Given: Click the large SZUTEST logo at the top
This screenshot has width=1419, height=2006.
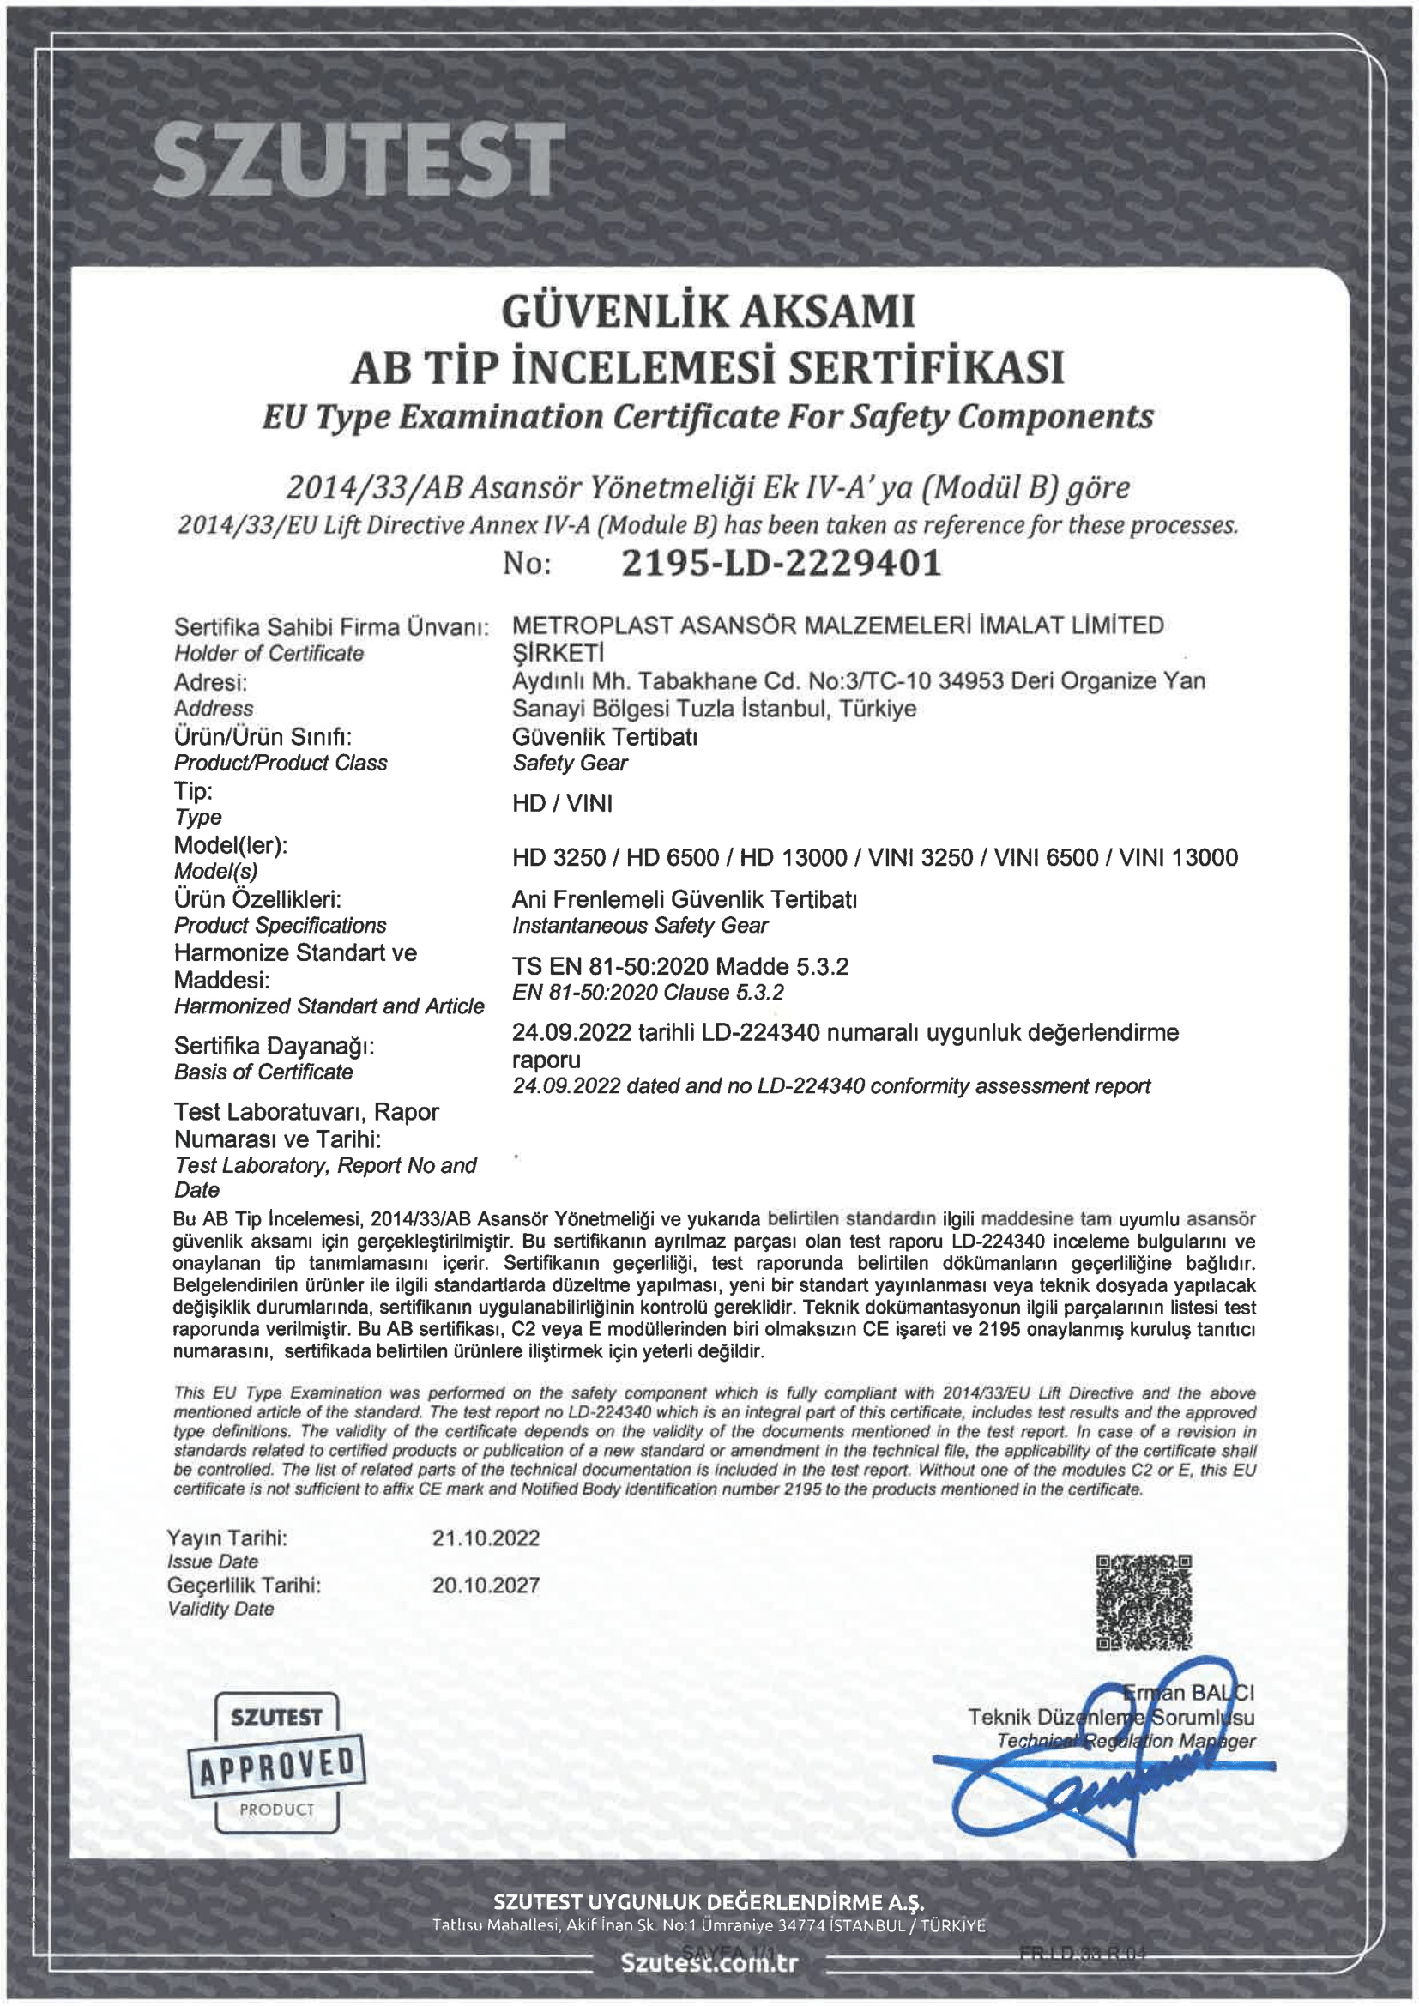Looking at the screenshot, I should (359, 160).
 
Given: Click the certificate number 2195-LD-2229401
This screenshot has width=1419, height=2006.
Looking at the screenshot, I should (782, 564).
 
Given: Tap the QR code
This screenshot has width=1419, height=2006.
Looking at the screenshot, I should (1143, 1602).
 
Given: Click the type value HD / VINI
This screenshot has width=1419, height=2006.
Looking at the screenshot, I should (562, 803).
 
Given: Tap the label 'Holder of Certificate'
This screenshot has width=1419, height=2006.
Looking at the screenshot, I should (269, 654).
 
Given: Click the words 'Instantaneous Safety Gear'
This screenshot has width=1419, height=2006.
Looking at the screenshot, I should (640, 925).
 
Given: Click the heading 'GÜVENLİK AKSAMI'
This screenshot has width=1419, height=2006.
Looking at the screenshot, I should (709, 312).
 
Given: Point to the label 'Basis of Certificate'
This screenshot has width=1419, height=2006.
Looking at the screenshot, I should (263, 1072).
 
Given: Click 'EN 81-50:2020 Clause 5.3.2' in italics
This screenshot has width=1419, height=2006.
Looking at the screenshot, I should (648, 993).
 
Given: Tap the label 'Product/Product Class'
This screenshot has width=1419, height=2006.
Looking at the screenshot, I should (281, 763).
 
